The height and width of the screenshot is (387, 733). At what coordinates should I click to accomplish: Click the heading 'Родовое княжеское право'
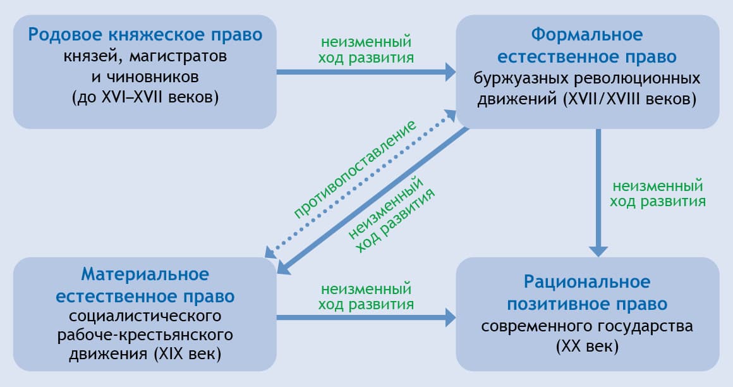pyautogui.click(x=145, y=34)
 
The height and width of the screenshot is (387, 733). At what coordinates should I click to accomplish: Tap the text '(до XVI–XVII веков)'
pyautogui.click(x=145, y=97)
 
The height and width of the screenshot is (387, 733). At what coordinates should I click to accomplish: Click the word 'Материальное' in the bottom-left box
pyautogui.click(x=145, y=274)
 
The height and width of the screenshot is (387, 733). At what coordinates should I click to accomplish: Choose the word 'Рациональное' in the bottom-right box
pyautogui.click(x=587, y=281)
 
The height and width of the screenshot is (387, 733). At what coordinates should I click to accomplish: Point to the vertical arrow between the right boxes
pyautogui.click(x=598, y=190)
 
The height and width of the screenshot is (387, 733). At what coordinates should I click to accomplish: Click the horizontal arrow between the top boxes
pyautogui.click(x=366, y=71)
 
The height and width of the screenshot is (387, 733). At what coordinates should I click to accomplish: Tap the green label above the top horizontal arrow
pyautogui.click(x=367, y=51)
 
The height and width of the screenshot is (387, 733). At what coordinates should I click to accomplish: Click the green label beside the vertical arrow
pyautogui.click(x=657, y=194)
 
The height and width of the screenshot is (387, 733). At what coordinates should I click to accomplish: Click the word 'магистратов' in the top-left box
pyautogui.click(x=178, y=57)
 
